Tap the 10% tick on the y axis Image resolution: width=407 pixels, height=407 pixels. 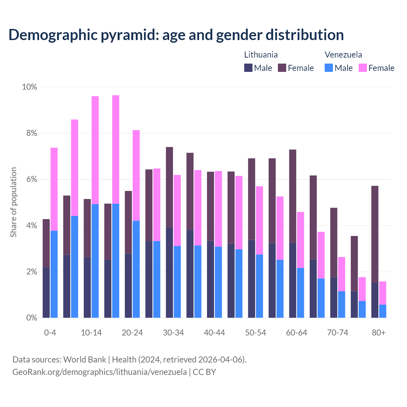point(29,87)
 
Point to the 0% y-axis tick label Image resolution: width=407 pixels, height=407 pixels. point(31,318)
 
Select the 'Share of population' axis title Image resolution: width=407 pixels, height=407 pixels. point(13,202)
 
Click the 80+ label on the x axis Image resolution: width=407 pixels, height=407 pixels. point(379,333)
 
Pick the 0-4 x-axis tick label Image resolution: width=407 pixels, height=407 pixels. point(50,333)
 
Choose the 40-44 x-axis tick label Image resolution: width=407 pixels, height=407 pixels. point(214,333)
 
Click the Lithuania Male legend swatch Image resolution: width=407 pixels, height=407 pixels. point(248,68)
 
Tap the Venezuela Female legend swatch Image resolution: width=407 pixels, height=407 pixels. point(362,68)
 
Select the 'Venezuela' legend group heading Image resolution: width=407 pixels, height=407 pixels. point(343,55)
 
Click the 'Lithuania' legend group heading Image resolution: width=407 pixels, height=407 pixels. point(261,55)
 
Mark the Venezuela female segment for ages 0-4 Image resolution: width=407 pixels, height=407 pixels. point(54,189)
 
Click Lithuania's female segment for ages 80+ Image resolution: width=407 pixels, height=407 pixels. point(375,234)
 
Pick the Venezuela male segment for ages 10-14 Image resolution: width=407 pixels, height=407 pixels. point(95,261)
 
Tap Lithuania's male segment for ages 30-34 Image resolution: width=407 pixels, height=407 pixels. point(169,272)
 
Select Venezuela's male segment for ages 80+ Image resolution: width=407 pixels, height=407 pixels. point(383,311)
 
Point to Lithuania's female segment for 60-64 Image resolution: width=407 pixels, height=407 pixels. point(293,196)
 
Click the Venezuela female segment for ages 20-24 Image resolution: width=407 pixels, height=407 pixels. point(136,175)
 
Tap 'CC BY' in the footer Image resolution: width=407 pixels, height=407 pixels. point(204,372)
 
